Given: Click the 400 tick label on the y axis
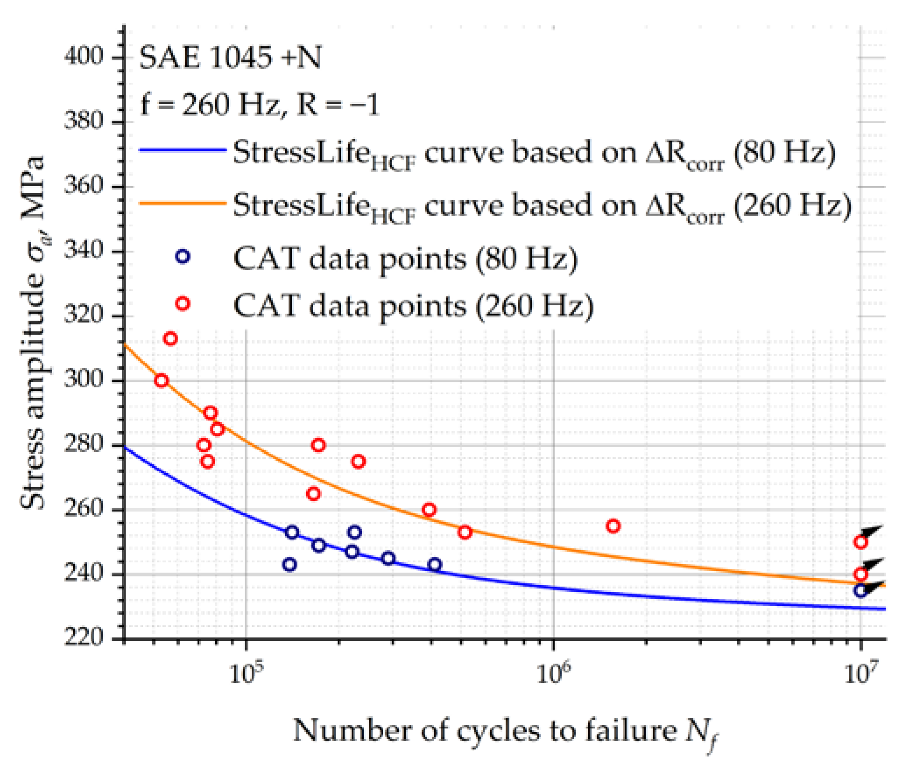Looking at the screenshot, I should click(83, 57).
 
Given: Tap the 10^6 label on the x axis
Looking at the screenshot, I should click(554, 673).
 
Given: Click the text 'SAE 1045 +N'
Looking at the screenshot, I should click(230, 58).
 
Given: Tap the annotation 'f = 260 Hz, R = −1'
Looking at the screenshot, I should click(259, 105).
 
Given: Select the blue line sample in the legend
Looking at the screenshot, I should click(183, 150).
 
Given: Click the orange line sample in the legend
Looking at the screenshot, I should click(183, 203).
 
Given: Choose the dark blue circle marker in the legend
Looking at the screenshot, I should click(183, 256).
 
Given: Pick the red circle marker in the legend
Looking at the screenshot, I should click(183, 304).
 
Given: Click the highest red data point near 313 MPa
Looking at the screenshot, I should click(170, 339).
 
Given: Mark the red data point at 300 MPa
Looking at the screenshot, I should click(162, 381).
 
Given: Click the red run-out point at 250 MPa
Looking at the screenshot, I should click(861, 542).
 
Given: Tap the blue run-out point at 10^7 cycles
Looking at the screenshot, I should click(861, 590).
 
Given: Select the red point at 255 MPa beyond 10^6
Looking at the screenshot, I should click(613, 526).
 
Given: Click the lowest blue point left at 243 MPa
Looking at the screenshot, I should click(290, 565).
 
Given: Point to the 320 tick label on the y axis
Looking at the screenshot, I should click(83, 315).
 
